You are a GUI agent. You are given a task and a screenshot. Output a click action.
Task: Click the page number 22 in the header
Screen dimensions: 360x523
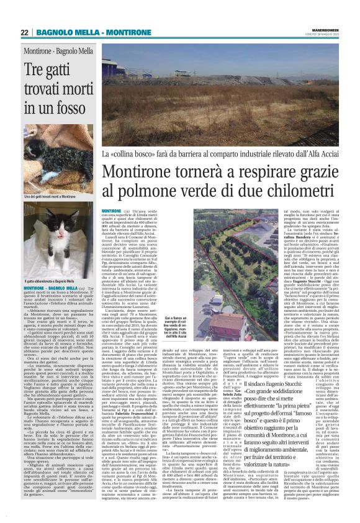pyautogui.click(x=25, y=32)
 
